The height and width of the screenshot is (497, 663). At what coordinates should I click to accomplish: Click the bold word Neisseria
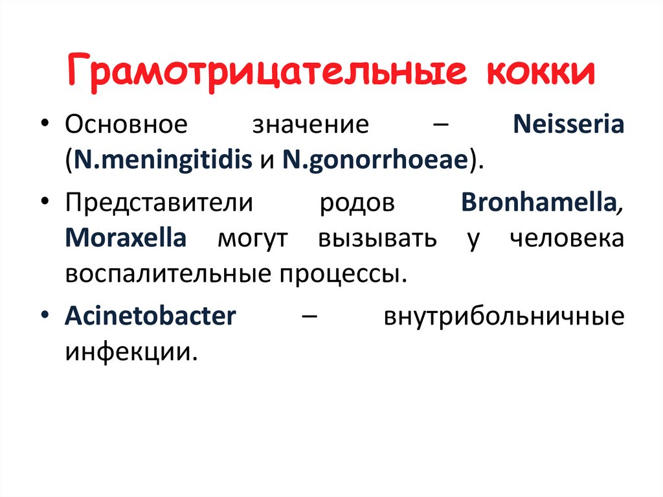pyautogui.click(x=568, y=124)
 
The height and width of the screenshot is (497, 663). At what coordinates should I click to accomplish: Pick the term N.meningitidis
pyautogui.click(x=163, y=160)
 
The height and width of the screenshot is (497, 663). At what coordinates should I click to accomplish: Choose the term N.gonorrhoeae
pyautogui.click(x=374, y=160)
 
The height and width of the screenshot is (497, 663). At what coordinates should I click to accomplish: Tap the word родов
pyautogui.click(x=357, y=203)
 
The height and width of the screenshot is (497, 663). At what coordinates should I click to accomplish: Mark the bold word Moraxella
pyautogui.click(x=126, y=238)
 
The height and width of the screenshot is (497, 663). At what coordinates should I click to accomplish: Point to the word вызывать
pyautogui.click(x=377, y=238)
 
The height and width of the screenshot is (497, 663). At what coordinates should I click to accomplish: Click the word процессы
pyautogui.click(x=344, y=273)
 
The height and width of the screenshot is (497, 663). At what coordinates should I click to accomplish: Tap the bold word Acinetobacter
pyautogui.click(x=150, y=318)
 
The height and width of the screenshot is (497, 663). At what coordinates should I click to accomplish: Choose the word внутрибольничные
pyautogui.click(x=504, y=318)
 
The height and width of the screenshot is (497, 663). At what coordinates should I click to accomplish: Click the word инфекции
pyautogui.click(x=129, y=353)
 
